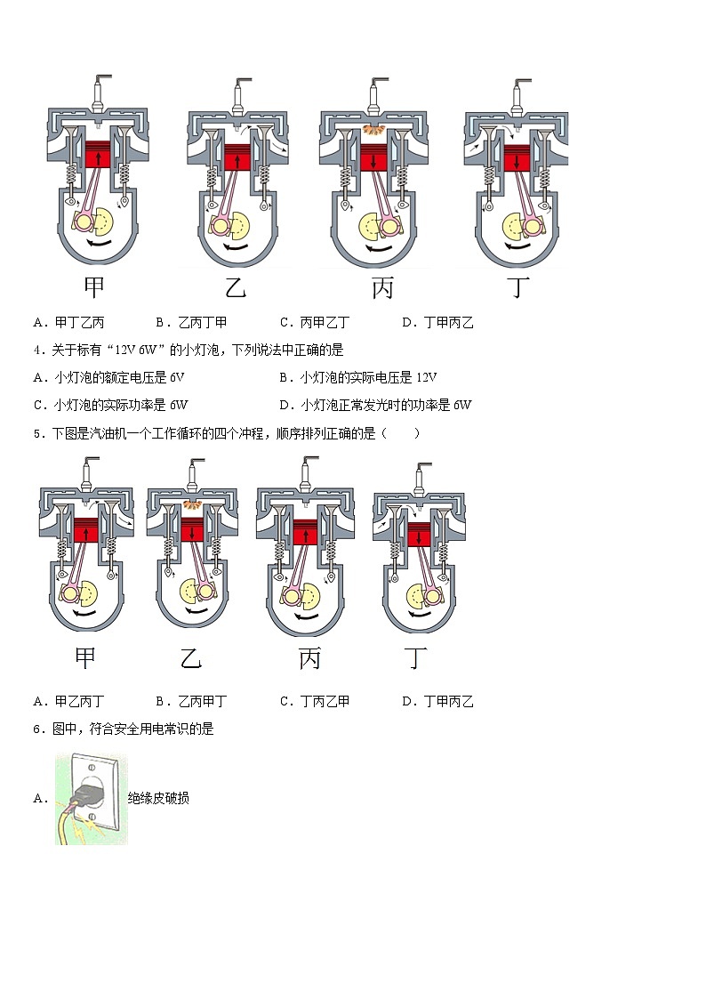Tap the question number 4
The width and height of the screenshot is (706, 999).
pyautogui.click(x=36, y=350)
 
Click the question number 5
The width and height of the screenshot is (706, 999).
pyautogui.click(x=36, y=433)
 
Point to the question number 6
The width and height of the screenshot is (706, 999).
pyautogui.click(x=36, y=729)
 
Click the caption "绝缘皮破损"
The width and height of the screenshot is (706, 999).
pyautogui.click(x=158, y=798)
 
